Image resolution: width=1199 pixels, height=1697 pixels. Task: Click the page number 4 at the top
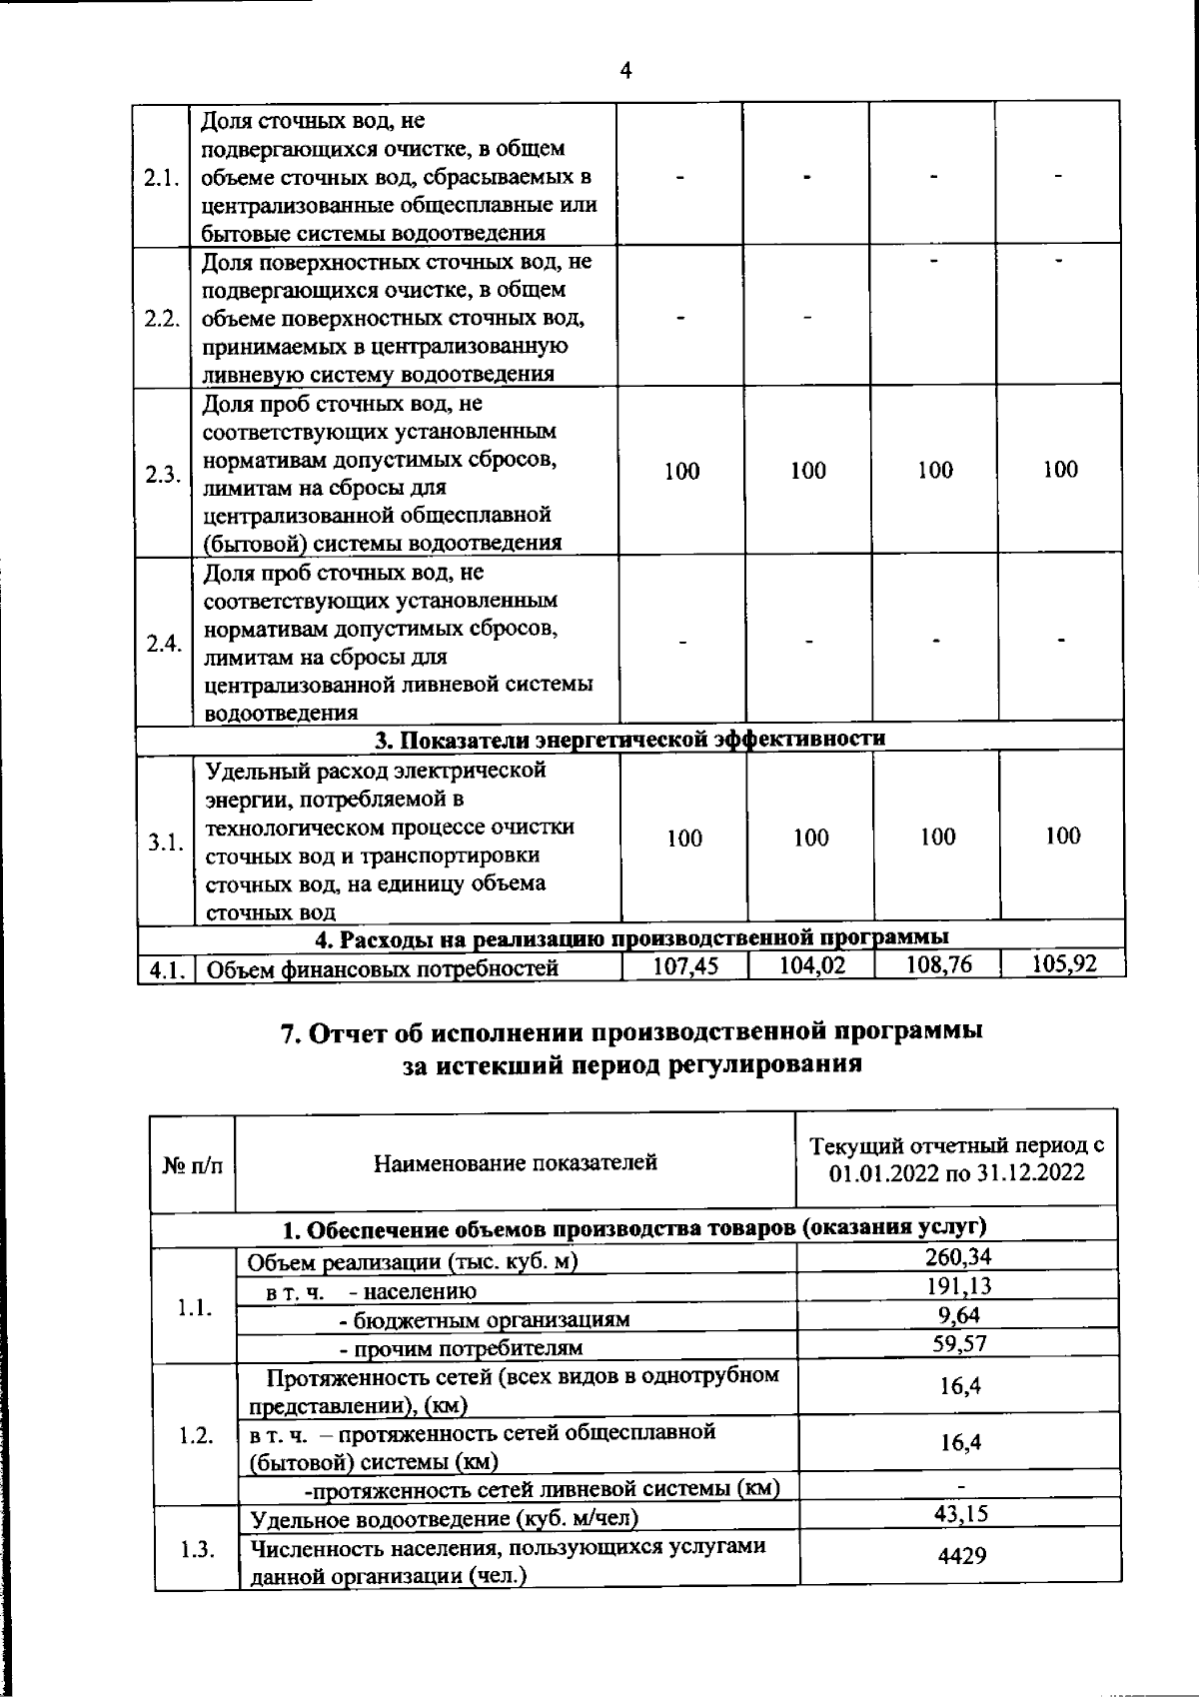pos(625,71)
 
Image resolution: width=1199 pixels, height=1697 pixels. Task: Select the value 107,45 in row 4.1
pos(684,965)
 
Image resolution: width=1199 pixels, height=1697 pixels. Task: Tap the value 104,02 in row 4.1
pos(810,965)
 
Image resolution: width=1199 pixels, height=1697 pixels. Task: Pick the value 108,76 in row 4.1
pos(937,964)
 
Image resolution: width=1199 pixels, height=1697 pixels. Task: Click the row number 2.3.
pos(162,475)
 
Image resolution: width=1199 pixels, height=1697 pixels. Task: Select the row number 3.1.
pos(163,842)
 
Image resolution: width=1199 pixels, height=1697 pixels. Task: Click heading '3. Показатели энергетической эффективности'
pos(629,739)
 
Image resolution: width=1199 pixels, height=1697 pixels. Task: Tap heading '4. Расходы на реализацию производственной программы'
pos(631,938)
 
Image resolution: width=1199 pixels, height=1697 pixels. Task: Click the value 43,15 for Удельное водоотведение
pos(960,1513)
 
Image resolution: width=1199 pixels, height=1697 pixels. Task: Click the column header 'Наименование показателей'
pos(516,1161)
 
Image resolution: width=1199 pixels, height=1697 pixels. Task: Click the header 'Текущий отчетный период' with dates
pos(956,1159)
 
